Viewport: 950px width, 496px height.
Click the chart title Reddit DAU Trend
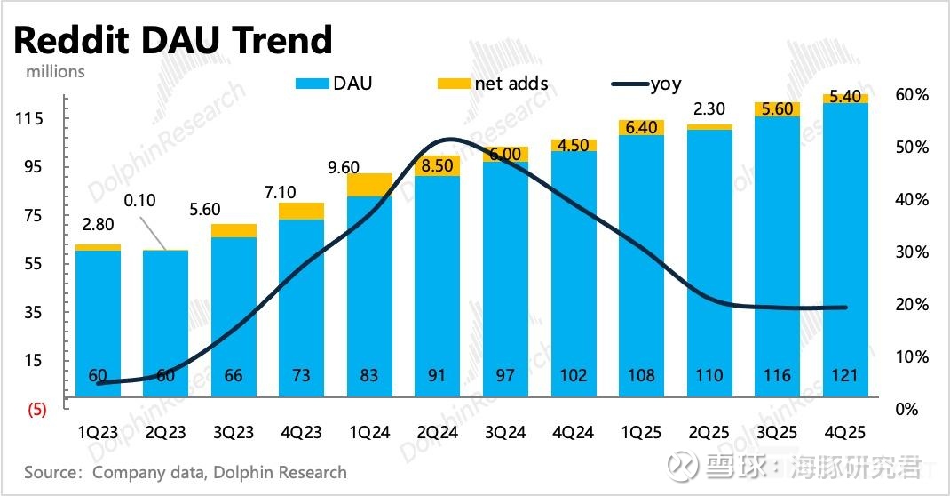tap(173, 40)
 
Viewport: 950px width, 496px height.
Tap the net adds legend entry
tap(495, 84)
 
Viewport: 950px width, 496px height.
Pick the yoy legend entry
tap(647, 84)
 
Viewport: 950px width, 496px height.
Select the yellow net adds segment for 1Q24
tap(370, 184)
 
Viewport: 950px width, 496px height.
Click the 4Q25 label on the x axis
tap(843, 432)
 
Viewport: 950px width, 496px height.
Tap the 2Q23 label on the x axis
tap(165, 432)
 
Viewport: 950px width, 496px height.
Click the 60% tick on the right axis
tap(912, 95)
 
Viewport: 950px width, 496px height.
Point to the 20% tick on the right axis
tap(912, 305)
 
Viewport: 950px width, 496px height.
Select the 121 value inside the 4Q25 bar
tap(843, 376)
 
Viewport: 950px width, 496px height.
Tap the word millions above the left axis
tap(49, 71)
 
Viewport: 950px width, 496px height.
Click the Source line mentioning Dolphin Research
tap(185, 471)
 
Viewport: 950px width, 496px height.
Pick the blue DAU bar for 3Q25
tap(776, 258)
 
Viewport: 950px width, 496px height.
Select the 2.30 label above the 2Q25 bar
tap(710, 109)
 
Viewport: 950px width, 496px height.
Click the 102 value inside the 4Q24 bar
tap(574, 376)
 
